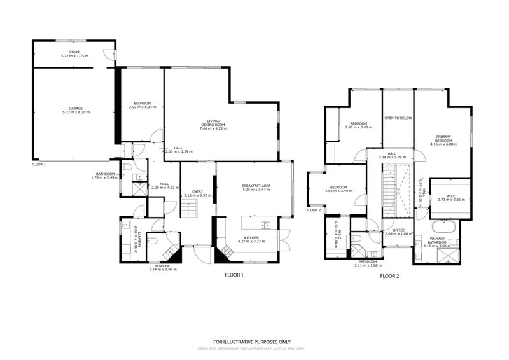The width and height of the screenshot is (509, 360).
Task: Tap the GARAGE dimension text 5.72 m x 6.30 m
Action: [x=76, y=112]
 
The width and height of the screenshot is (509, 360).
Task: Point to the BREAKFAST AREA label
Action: [x=256, y=186]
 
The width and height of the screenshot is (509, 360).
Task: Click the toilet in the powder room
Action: [x=153, y=241]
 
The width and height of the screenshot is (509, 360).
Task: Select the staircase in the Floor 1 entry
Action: [x=188, y=207]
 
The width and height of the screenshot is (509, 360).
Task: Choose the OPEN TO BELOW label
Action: [x=398, y=118]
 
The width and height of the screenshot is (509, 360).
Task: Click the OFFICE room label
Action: [x=399, y=230]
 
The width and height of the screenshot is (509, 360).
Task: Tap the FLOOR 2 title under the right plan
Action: [x=389, y=276]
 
